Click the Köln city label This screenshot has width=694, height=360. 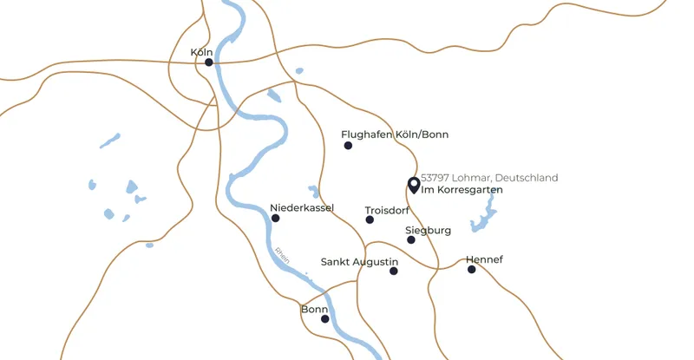click(x=201, y=53)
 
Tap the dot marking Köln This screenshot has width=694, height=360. click(x=209, y=62)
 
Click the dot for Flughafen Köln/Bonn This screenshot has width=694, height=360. click(x=348, y=146)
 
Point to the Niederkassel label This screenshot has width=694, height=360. click(x=302, y=208)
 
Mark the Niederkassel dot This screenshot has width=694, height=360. click(x=276, y=219)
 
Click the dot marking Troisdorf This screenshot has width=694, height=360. click(x=370, y=220)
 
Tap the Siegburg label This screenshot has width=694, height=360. click(x=429, y=231)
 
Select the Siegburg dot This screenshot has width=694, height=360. click(x=411, y=239)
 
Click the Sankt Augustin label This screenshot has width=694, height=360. click(x=359, y=261)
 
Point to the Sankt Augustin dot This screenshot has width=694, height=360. click(x=393, y=272)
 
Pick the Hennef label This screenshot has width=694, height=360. click(x=484, y=259)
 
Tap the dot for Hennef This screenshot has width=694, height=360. click(x=472, y=270)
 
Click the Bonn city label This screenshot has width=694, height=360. click(x=314, y=309)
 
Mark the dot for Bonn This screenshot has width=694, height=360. click(x=325, y=319)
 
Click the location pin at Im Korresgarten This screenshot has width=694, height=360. click(x=413, y=185)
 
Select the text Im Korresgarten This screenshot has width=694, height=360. click(x=462, y=189)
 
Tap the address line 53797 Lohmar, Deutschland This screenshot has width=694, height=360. click(x=489, y=178)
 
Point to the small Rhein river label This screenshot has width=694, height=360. click(x=282, y=258)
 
